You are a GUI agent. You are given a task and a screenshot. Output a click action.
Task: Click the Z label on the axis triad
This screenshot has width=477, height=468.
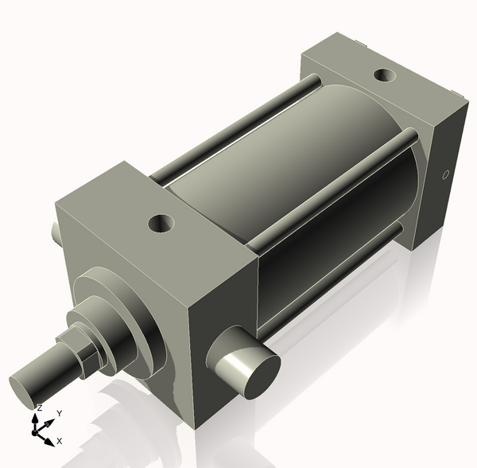click(40, 407)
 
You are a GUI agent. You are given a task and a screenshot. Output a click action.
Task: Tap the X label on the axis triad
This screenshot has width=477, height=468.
click(60, 440)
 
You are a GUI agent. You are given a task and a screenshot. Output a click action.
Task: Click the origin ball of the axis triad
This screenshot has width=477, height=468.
click(36, 430)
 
